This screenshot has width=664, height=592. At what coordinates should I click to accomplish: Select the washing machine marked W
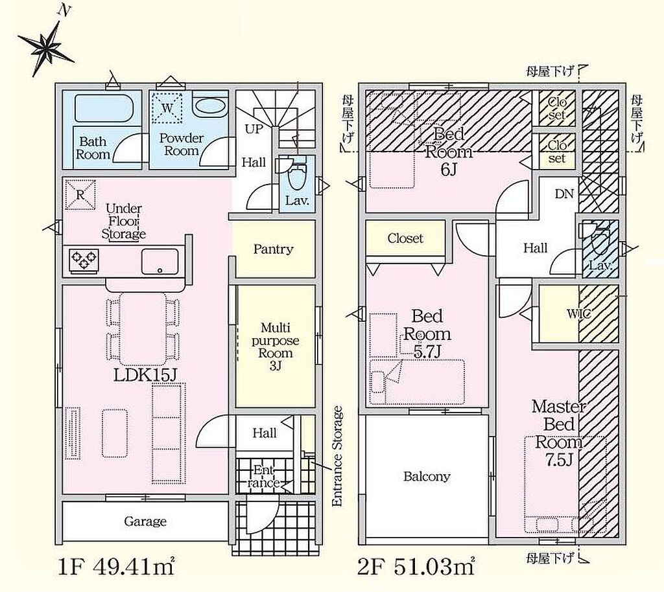pos(167,108)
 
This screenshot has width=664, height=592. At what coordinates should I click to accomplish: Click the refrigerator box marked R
pos(80,194)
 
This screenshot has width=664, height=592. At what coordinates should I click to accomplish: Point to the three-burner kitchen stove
pos(84,260)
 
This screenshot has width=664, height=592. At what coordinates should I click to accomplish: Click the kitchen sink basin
pos(160,262)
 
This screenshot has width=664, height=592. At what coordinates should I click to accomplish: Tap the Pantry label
pos(273,249)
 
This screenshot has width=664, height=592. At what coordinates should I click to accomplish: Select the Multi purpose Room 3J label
pos(275,347)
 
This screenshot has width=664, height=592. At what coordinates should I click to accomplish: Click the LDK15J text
pos(145,374)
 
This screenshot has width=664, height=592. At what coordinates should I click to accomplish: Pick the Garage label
pos(145,521)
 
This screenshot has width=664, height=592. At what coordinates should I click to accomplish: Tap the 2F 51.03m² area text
pos(416,567)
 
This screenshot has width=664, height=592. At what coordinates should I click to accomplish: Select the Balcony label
pos(427,477)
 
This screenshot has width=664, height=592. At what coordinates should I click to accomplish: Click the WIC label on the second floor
pos(578,313)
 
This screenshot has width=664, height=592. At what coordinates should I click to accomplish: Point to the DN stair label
pos(564,194)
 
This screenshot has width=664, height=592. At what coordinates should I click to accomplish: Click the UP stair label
pos(254,129)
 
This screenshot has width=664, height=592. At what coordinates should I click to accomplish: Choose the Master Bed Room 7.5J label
pos(559,433)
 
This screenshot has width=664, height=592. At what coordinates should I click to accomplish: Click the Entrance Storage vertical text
pos(337,456)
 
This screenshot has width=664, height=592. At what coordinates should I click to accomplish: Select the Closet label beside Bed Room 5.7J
pos(405,238)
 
